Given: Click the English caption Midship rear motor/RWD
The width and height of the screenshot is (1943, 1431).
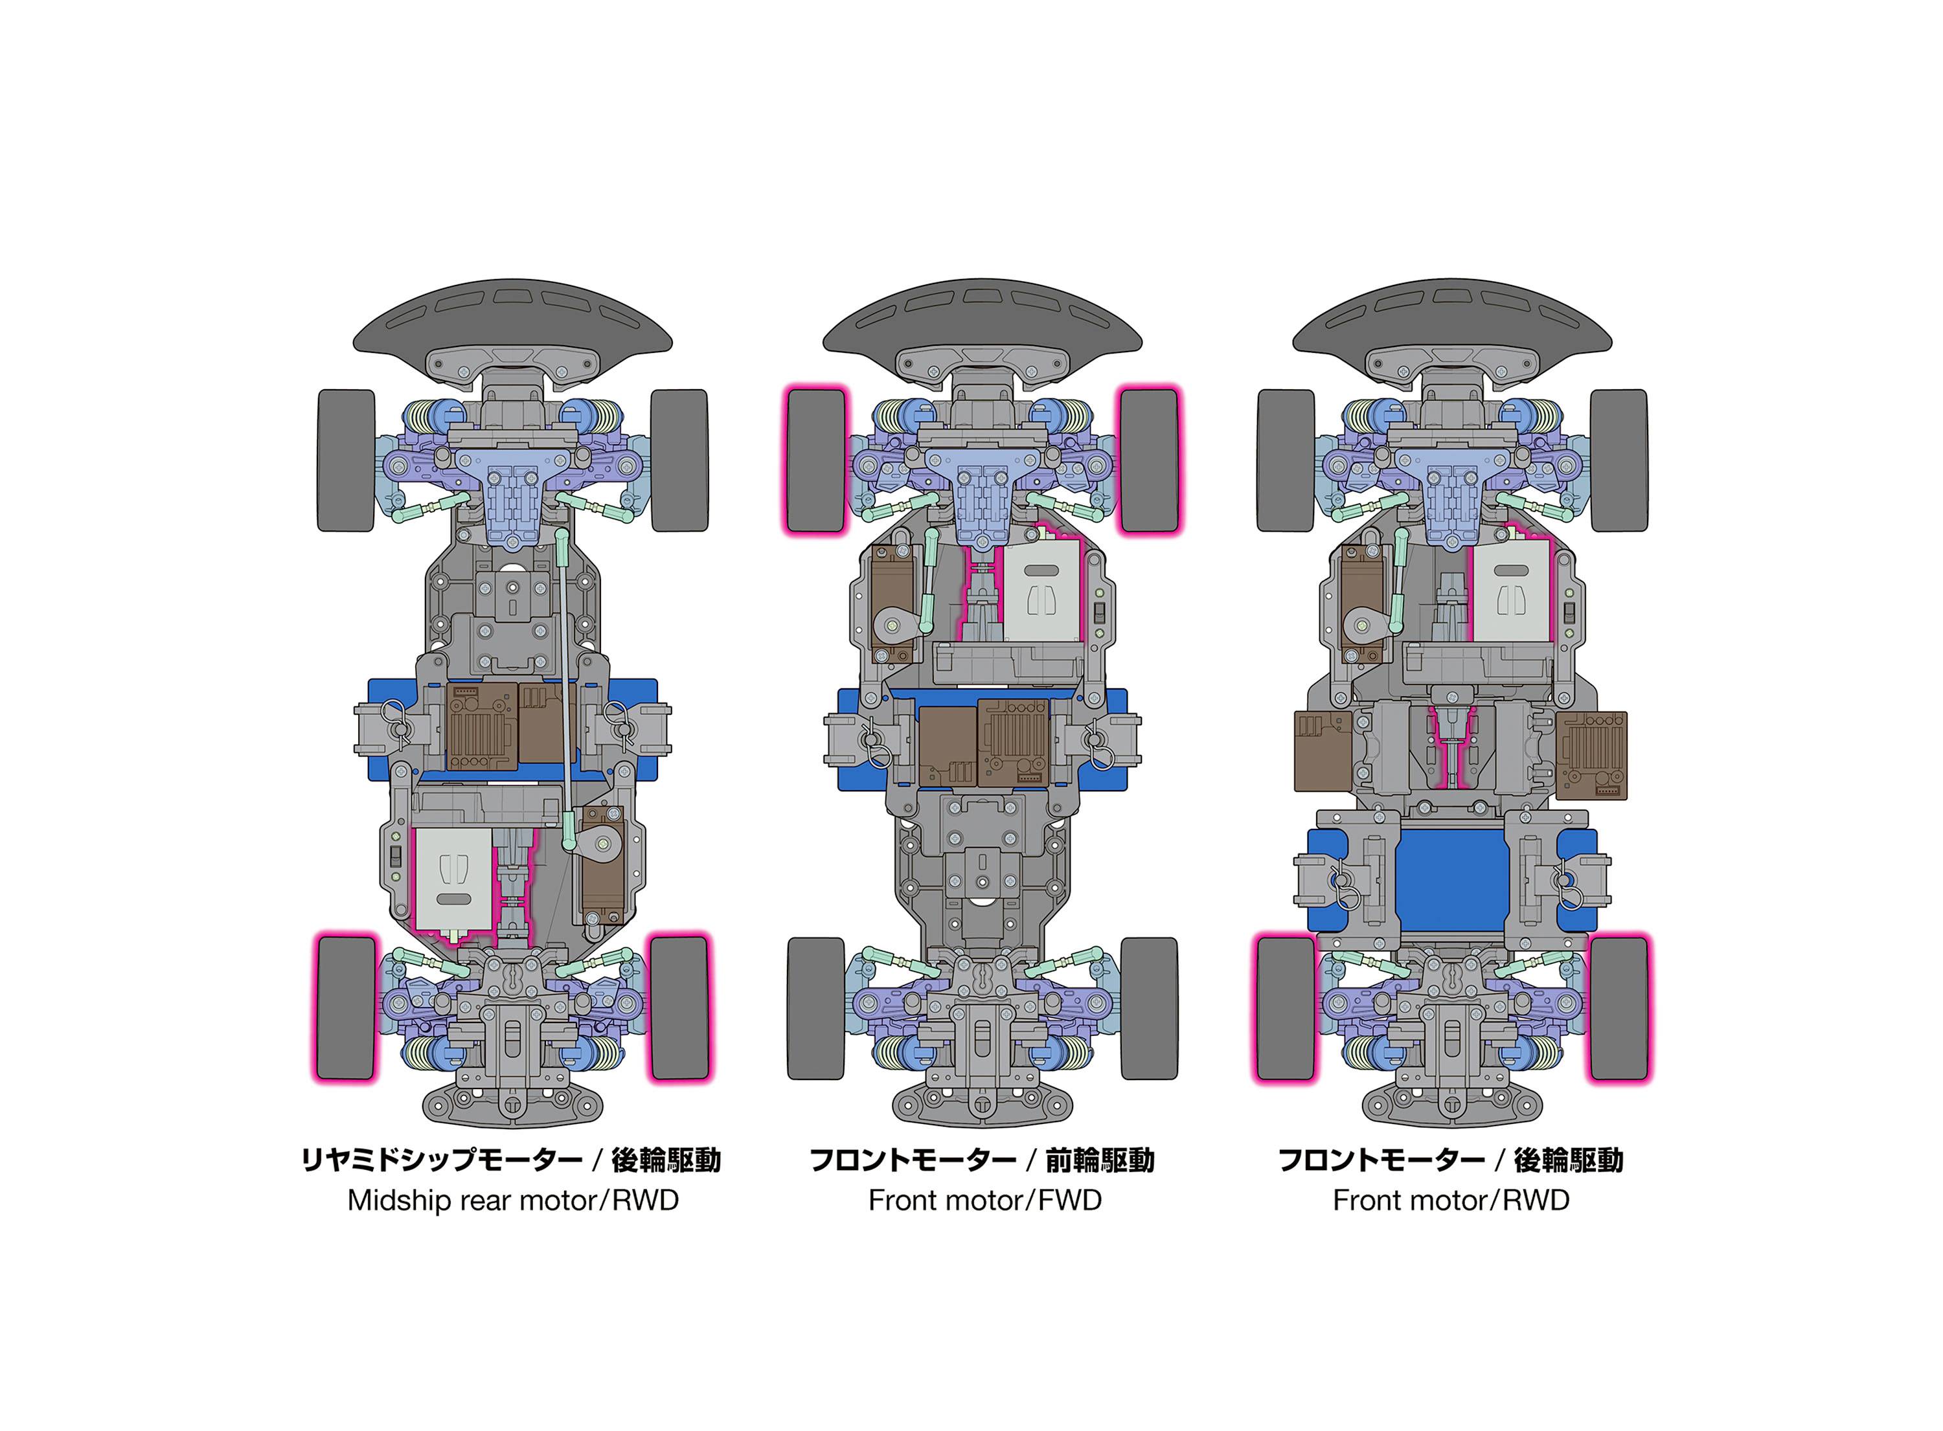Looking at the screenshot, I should pos(513,1200).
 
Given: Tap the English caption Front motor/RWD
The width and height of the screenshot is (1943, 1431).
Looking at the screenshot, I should pos(1450,1200).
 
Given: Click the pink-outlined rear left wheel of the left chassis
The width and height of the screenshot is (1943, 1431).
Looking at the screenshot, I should pos(346,1008).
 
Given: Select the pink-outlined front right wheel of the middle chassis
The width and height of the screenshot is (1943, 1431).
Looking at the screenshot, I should pos(1149,460).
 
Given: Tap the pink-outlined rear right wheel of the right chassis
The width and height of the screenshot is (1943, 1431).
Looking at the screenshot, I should pos(1618,1008).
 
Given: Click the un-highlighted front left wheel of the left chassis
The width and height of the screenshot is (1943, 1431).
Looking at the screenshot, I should pos(346,460).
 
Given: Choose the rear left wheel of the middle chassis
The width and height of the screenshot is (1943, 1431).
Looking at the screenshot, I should pos(815,1008).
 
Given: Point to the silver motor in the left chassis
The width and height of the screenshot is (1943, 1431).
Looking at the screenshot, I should pos(453,879).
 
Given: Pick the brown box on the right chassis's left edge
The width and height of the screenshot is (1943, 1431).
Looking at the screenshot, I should pos(1322,751).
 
